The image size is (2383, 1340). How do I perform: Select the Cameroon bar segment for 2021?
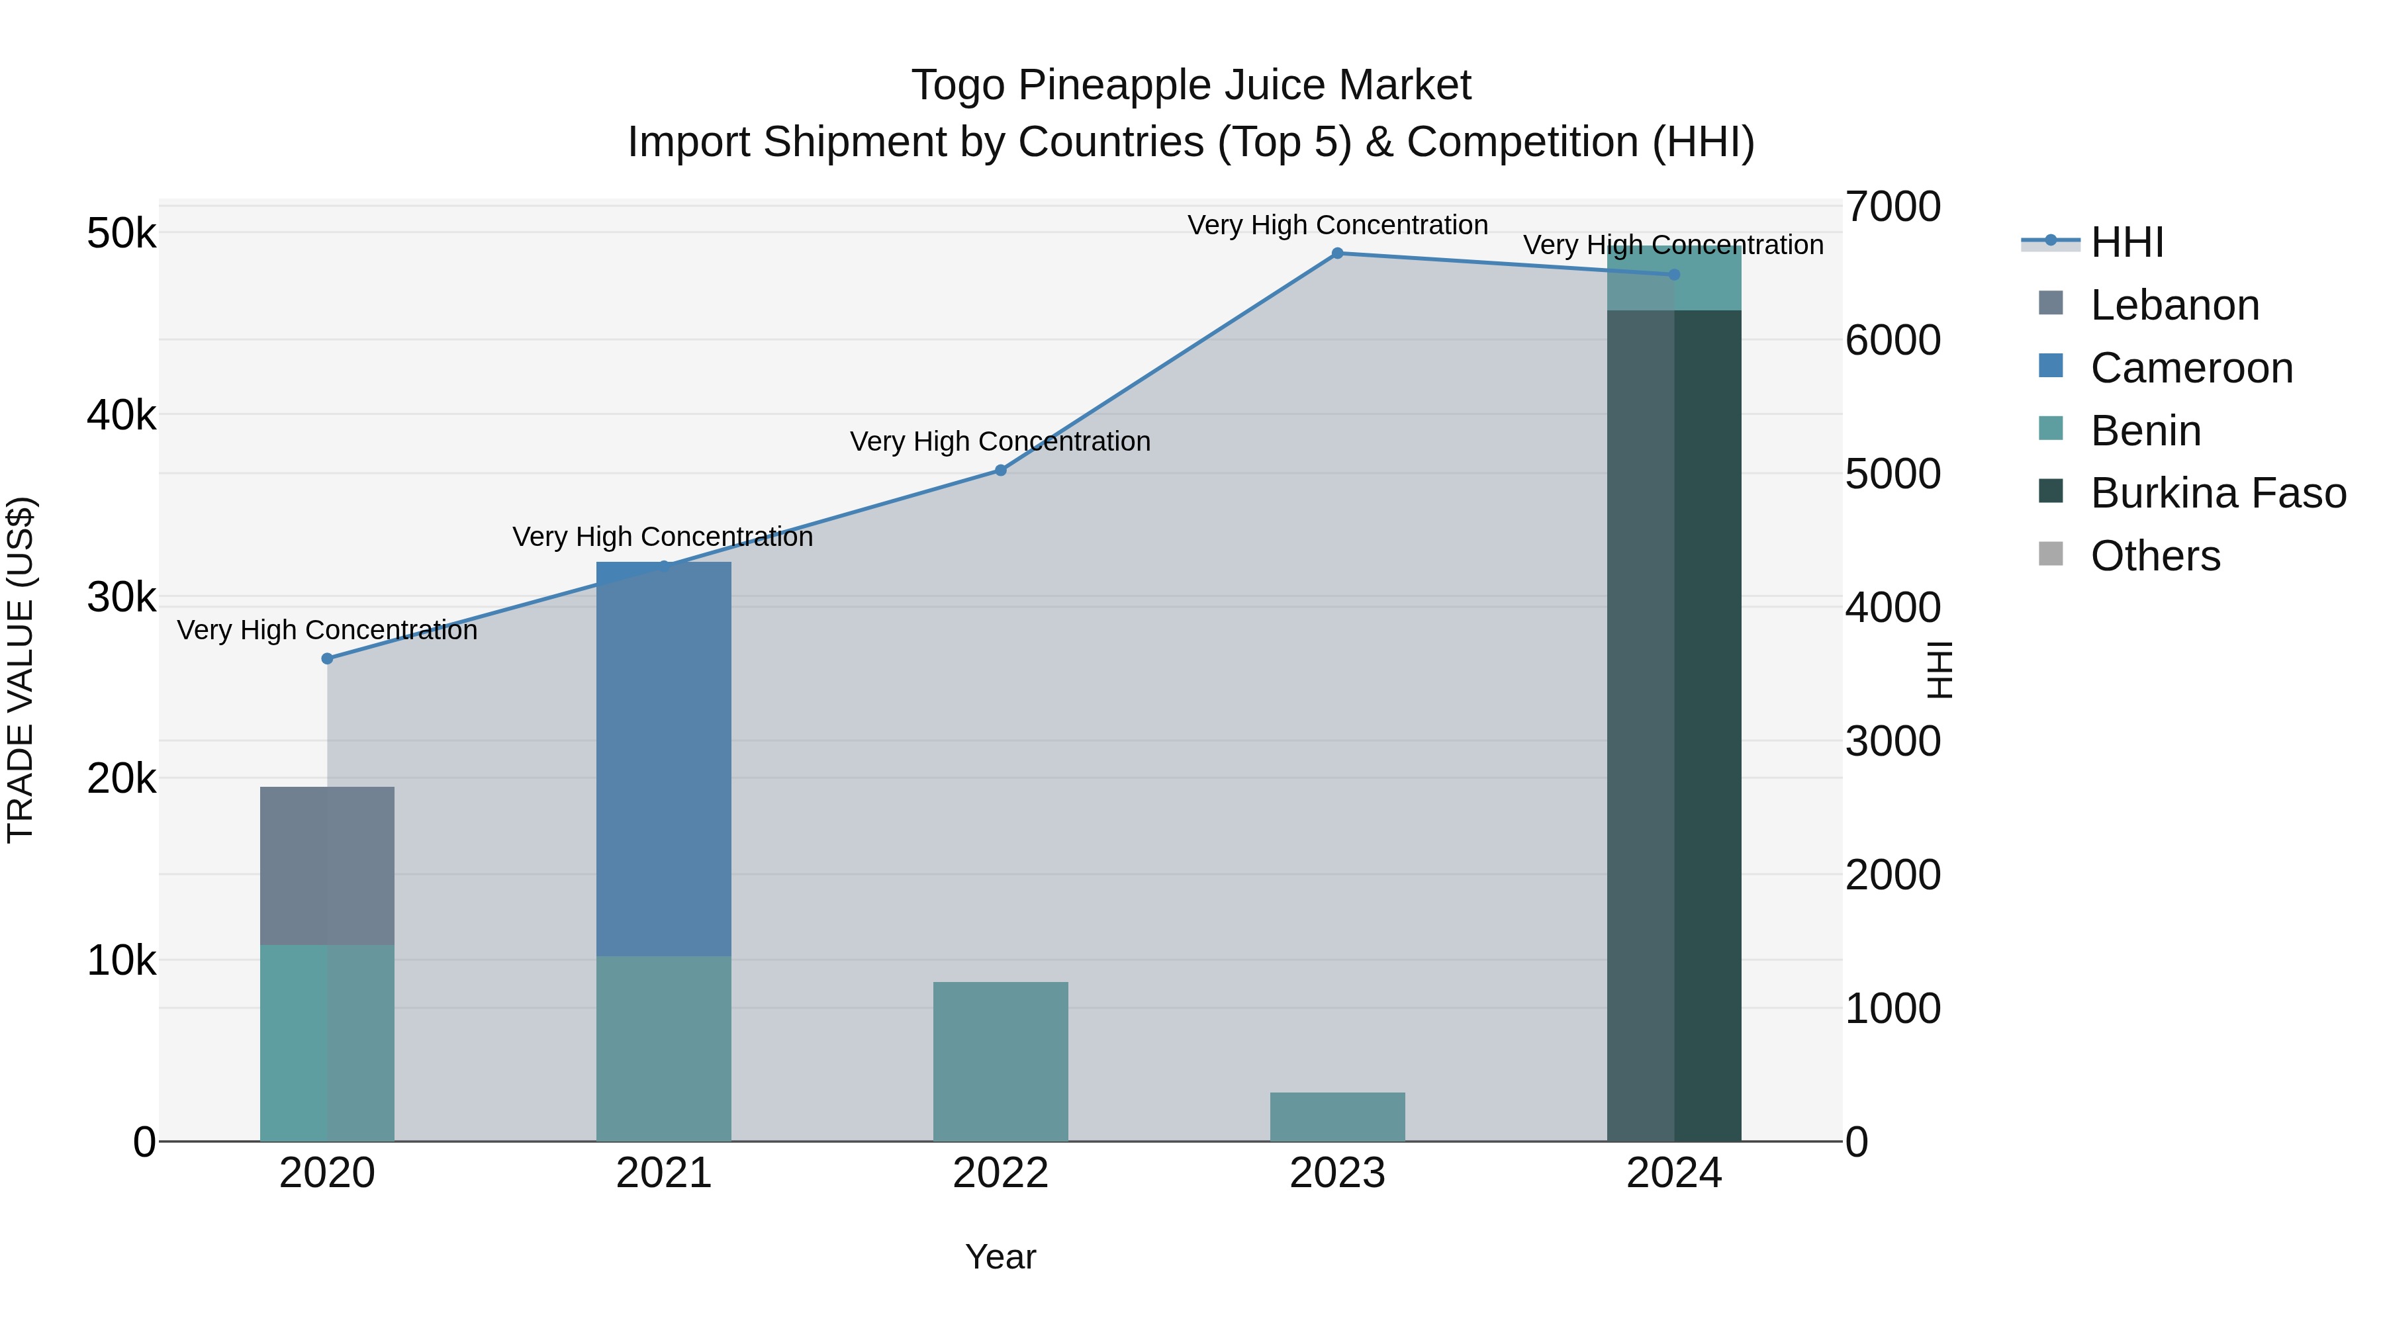663,758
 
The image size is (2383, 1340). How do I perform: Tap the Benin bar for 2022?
1000,1061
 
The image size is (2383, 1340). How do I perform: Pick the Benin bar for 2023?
1336,1116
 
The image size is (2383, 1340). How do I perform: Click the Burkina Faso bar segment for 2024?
1673,726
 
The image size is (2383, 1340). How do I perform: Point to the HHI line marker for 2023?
1336,253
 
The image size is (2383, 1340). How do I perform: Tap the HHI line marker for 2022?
1000,470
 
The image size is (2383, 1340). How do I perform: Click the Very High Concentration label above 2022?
1000,442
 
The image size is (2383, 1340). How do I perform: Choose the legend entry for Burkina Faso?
2218,493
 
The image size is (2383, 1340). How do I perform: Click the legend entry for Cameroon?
2190,368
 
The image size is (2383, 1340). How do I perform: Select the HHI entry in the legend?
2126,242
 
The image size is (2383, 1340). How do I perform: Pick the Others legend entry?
2155,556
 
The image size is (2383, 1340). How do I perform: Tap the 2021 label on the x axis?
663,1173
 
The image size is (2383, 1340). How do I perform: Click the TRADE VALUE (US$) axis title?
21,670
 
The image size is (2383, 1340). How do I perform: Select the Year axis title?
1000,1257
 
